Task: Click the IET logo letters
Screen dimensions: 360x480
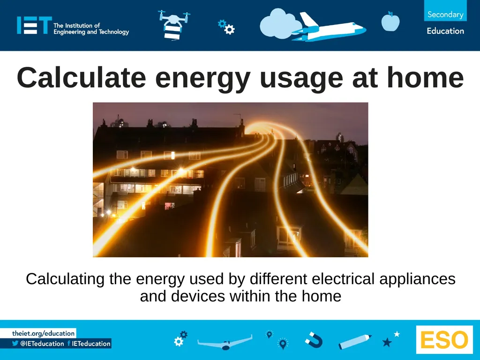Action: tap(34, 25)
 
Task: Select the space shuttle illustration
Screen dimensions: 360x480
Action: tap(328, 28)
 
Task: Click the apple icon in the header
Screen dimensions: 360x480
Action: tap(390, 22)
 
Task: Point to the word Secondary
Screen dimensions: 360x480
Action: tap(445, 15)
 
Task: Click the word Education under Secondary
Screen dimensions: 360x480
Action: tap(445, 31)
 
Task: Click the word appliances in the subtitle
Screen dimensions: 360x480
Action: tap(417, 279)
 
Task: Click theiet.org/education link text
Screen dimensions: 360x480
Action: tap(44, 333)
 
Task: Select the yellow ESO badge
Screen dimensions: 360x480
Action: tap(444, 340)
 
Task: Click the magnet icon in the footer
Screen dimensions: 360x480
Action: tap(313, 339)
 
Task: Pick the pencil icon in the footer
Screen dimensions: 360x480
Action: tap(355, 342)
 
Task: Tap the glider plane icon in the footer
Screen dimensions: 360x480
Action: tap(225, 342)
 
